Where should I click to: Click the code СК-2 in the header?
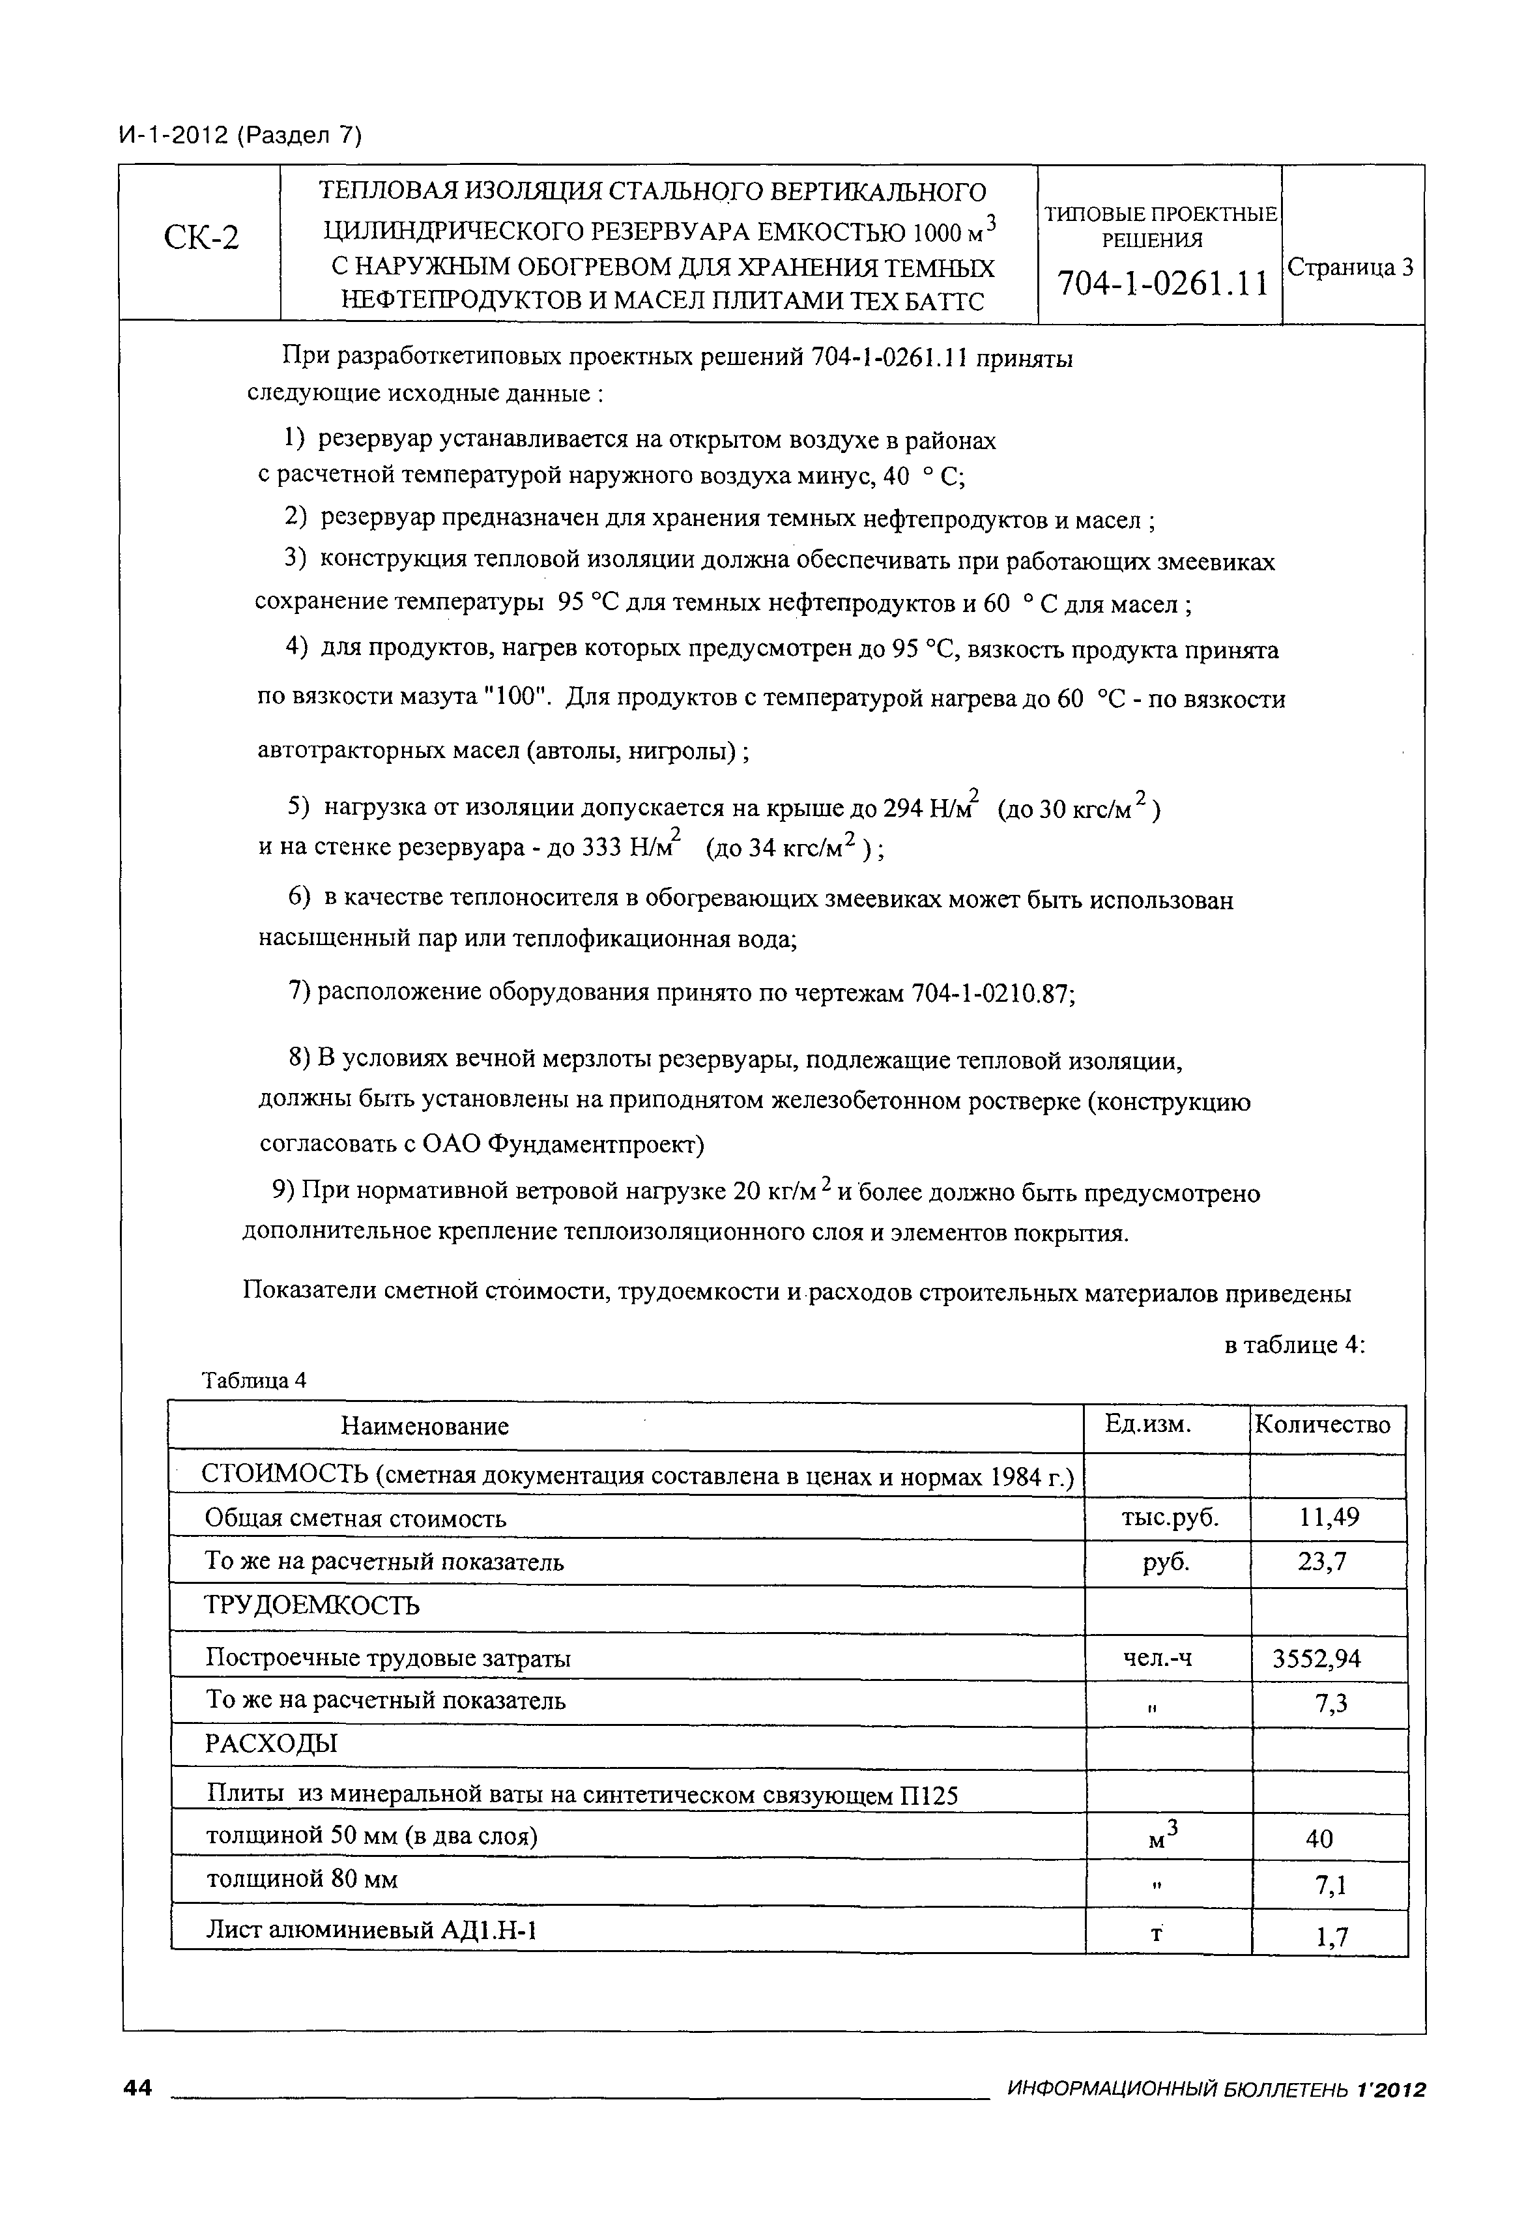pos(201,237)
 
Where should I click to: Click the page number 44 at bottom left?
pos(138,2088)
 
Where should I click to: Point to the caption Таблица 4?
pos(253,1380)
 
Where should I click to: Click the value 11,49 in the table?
pos(1328,1517)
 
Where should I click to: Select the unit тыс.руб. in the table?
pos(1165,1518)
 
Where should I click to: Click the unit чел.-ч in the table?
pos(1157,1658)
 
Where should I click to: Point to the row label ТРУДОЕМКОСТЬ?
pos(313,1606)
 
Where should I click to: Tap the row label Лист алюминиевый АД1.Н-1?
pos(371,1930)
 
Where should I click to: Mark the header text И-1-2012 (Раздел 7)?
pos(240,136)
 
